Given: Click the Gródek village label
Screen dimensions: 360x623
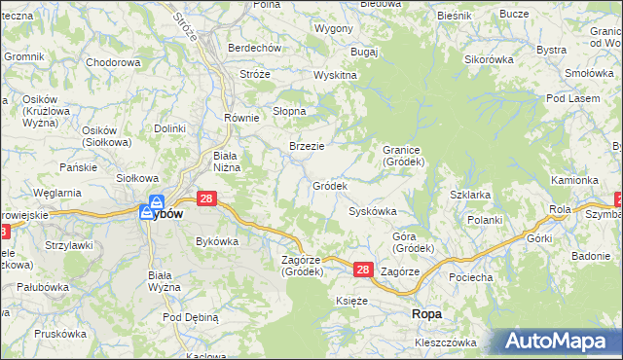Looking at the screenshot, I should click(x=329, y=185).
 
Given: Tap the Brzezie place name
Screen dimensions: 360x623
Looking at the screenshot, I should click(x=307, y=146).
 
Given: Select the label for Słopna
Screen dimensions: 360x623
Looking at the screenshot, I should click(x=289, y=111).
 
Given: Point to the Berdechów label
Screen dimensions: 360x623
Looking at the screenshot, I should click(x=254, y=48).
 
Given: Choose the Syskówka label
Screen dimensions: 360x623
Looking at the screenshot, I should click(x=372, y=211).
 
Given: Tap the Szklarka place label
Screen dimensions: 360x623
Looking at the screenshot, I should click(x=470, y=195).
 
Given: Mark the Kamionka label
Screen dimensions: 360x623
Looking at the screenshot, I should click(x=574, y=180).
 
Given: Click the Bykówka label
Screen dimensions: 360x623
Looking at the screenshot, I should click(x=217, y=240).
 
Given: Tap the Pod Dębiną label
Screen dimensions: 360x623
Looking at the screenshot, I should click(x=191, y=317).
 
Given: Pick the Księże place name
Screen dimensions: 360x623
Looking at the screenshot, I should click(x=351, y=302).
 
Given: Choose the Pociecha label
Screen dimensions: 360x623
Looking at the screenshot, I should click(x=470, y=277).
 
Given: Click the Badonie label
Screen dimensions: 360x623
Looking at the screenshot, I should click(x=590, y=256).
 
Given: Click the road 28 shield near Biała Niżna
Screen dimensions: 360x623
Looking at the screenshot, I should click(x=205, y=198).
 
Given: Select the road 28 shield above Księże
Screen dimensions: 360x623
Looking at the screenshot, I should click(x=362, y=270).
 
